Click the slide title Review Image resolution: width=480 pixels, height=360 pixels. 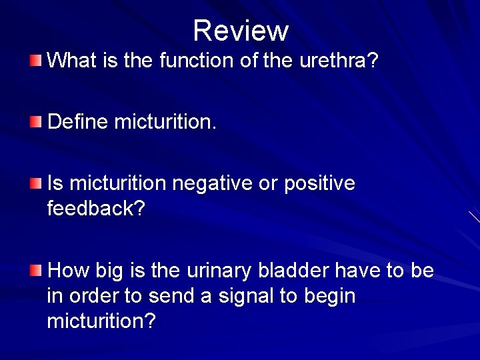point(241,31)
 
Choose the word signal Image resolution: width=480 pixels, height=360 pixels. point(255,296)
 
